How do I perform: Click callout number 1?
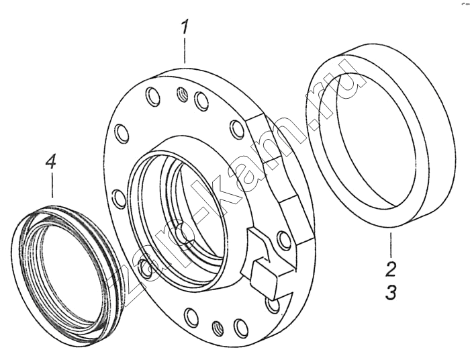click(185, 26)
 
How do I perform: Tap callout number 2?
click(390, 268)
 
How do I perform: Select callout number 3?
click(391, 291)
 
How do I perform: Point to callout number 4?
click(50, 163)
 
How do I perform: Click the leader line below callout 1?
click(185, 50)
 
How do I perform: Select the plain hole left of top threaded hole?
click(152, 97)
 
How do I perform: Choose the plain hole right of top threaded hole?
click(201, 101)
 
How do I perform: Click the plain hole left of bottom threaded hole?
click(190, 316)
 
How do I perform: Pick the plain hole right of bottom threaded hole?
click(240, 327)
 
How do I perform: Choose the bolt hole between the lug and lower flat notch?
click(284, 240)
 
